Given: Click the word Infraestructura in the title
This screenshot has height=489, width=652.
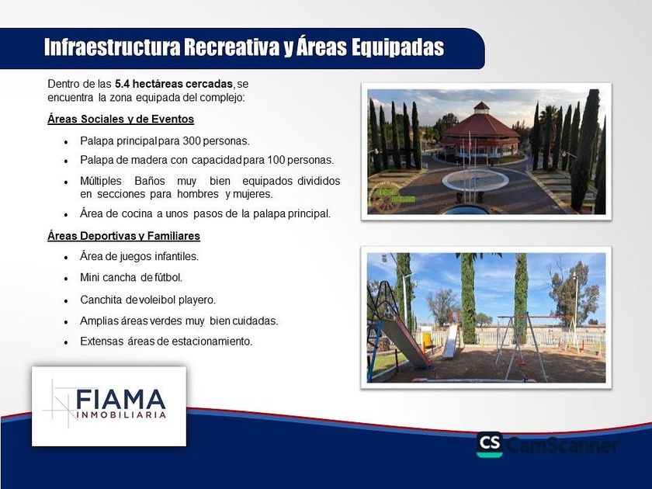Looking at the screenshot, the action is (x=113, y=47).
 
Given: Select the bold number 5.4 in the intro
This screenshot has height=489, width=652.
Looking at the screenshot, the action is (x=123, y=84).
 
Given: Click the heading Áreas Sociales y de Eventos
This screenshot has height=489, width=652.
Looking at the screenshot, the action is (x=120, y=120).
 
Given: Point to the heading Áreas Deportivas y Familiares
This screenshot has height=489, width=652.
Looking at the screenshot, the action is (x=123, y=236).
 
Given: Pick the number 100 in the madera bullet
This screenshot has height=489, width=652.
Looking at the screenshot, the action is (x=276, y=160).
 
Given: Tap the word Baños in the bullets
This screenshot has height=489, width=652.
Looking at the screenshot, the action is (x=150, y=182).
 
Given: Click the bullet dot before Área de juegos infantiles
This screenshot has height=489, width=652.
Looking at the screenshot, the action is (x=66, y=258).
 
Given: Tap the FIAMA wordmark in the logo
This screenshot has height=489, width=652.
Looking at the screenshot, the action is (x=121, y=400).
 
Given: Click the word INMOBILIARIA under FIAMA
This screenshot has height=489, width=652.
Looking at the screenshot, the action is (x=121, y=415).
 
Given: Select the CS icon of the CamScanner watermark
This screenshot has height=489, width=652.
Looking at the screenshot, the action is (x=490, y=445).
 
